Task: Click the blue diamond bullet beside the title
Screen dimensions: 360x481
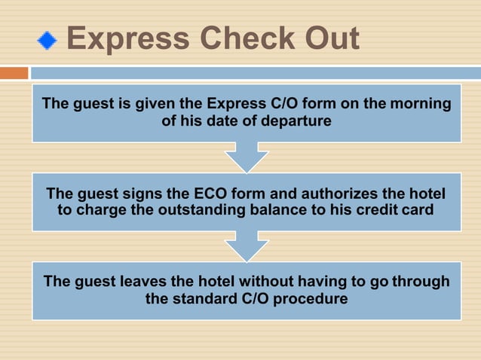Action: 47,40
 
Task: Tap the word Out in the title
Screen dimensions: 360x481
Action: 326,39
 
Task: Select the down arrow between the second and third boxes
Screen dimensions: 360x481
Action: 246,246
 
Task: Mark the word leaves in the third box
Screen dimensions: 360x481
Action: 143,281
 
